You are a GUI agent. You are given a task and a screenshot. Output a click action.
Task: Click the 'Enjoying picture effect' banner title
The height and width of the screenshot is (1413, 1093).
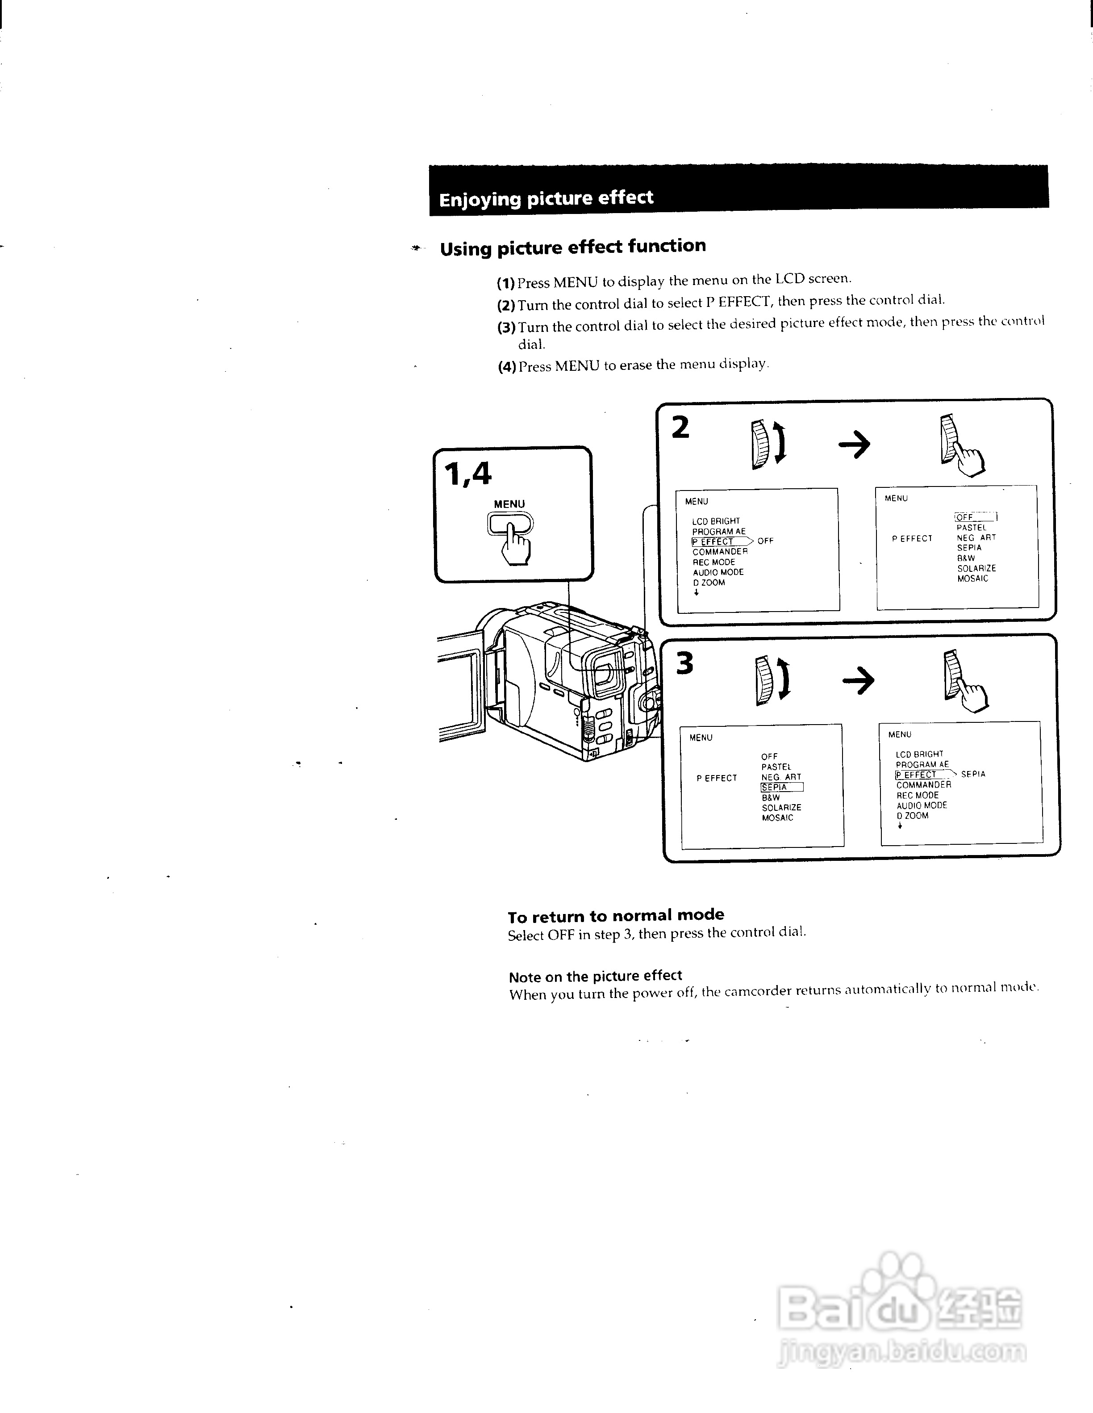click(x=546, y=198)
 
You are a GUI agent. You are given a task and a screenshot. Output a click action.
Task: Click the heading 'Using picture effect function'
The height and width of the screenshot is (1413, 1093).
click(x=572, y=247)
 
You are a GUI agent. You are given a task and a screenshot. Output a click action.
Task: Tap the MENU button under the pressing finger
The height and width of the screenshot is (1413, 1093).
click(x=510, y=524)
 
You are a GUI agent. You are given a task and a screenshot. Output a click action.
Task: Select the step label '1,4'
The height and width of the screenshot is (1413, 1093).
click(x=467, y=475)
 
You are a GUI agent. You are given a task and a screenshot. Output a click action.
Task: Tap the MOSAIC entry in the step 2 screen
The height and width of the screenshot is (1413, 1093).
click(x=973, y=579)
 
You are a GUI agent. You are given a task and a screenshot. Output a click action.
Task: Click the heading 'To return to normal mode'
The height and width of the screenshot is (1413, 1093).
click(x=616, y=915)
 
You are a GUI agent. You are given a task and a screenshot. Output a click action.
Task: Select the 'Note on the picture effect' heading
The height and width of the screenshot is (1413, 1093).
click(x=595, y=976)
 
